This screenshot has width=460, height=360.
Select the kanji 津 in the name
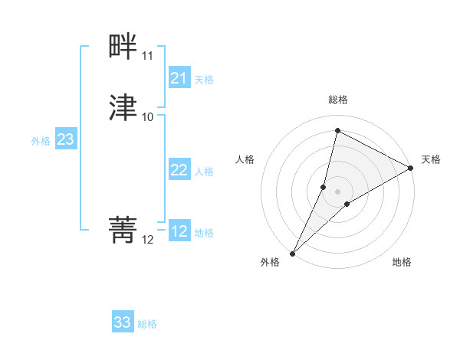tap(123, 107)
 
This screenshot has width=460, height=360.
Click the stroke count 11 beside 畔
tap(147, 56)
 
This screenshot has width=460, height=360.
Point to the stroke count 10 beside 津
tap(147, 116)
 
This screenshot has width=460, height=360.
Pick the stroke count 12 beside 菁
tap(147, 240)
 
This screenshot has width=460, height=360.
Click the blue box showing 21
tap(179, 78)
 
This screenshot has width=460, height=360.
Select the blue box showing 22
tap(179, 170)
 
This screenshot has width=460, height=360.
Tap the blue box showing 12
tap(179, 231)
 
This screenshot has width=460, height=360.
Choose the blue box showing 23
tap(65, 139)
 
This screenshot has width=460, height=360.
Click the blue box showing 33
tap(123, 322)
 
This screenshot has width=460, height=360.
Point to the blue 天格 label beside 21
tap(204, 80)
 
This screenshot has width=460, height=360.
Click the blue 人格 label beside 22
tap(204, 172)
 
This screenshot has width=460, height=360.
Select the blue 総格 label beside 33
tap(147, 324)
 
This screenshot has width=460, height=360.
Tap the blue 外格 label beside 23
tap(41, 141)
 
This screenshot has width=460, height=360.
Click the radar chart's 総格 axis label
tap(337, 100)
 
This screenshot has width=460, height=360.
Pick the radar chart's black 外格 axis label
tap(270, 262)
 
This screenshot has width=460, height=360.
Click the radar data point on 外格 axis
tap(292, 253)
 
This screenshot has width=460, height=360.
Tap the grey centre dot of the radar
tap(337, 191)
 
